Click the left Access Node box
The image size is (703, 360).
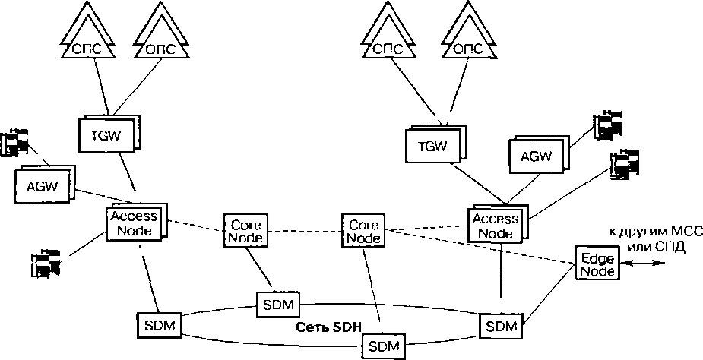(134, 223)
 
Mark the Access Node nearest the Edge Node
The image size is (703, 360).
(496, 225)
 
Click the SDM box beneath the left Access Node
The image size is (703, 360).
(159, 325)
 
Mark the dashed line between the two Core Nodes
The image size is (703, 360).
(304, 230)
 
